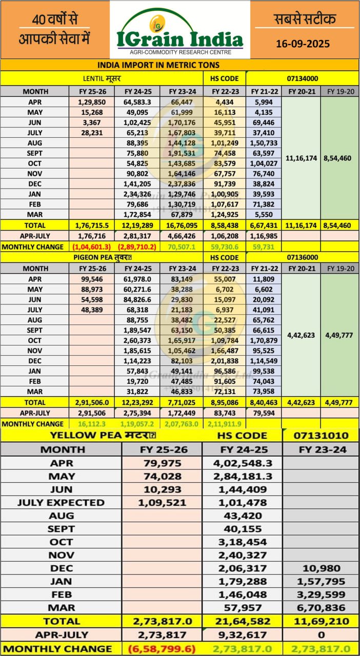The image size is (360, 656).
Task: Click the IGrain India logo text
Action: [x=180, y=39]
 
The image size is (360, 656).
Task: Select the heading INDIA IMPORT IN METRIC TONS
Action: [x=158, y=65]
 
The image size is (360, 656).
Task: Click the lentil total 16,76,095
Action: [x=182, y=225]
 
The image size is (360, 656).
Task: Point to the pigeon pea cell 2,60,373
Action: [x=137, y=341]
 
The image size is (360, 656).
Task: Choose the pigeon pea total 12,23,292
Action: [x=137, y=402]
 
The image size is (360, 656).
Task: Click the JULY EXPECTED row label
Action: [x=61, y=502]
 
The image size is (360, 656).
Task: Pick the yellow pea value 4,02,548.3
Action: [x=243, y=463]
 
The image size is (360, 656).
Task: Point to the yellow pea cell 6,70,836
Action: [x=321, y=607]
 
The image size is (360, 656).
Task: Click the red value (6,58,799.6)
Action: [x=162, y=648]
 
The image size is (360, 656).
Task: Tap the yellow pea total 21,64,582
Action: [x=243, y=621]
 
